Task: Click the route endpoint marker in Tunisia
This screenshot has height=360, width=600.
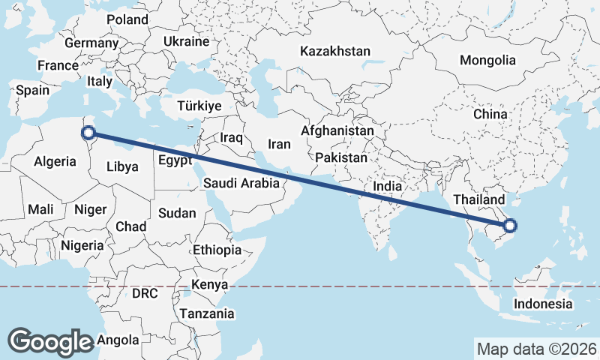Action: [88, 133]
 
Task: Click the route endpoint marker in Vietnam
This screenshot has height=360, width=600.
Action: [510, 225]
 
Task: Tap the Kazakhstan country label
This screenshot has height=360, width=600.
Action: [335, 52]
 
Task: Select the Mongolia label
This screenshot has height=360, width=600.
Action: [488, 60]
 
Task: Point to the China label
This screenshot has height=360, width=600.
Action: [490, 114]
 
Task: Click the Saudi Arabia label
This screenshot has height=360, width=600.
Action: [241, 182]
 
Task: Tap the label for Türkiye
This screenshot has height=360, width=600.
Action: [199, 106]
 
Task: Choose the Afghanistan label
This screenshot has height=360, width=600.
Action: [337, 130]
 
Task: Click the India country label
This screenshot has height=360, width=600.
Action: [388, 186]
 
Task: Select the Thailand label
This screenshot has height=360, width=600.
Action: [479, 200]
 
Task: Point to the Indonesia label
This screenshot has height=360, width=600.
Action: [543, 304]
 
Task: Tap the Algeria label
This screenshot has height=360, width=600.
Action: [55, 161]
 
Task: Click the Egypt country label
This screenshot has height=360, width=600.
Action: [175, 160]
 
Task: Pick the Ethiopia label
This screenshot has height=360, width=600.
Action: [217, 250]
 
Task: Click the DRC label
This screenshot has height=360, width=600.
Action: [145, 293]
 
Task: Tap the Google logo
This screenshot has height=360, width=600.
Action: [50, 341]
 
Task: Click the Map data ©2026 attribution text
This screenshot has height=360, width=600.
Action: [536, 349]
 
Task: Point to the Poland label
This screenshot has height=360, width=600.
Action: [128, 19]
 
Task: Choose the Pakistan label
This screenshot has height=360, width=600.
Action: [341, 157]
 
